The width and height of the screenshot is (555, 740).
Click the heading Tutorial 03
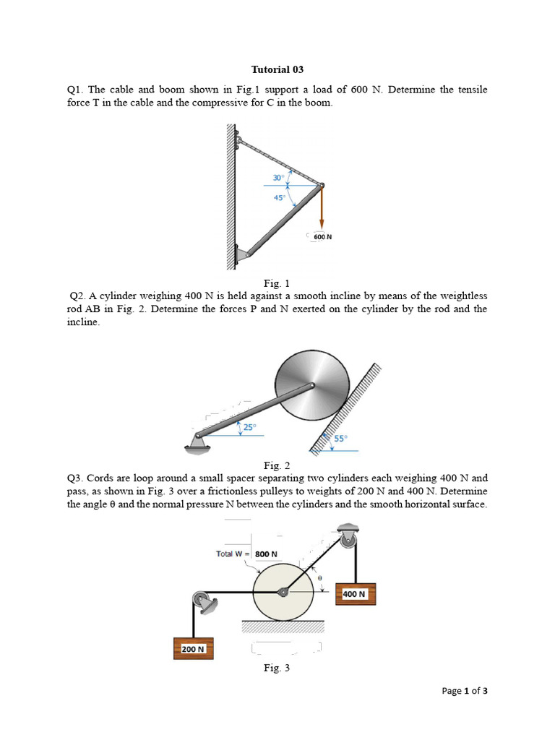coord(277,70)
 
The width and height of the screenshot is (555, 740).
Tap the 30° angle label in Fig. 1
coord(277,178)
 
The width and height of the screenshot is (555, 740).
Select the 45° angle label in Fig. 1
coord(279,197)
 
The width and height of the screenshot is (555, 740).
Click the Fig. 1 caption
coord(277,283)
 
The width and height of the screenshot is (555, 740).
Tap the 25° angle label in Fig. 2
coord(249,427)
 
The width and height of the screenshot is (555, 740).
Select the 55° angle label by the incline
coord(340,438)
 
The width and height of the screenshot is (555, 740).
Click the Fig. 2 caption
coord(277,465)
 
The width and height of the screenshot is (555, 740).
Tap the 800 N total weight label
coord(266,554)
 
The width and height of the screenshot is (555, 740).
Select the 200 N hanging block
coord(193,649)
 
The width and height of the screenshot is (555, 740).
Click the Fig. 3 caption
coord(277,668)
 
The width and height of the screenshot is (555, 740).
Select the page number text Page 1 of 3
coord(465,692)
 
